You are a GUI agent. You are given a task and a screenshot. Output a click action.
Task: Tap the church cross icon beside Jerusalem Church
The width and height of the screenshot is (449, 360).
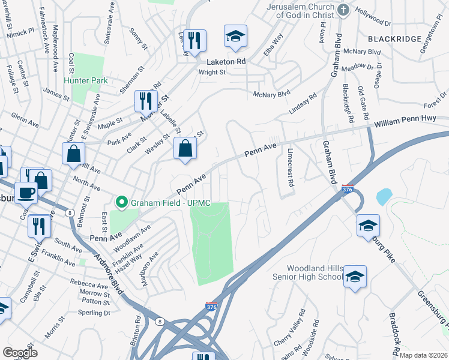tap(343, 10)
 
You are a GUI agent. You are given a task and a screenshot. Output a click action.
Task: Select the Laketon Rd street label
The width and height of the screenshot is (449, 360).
tap(226, 62)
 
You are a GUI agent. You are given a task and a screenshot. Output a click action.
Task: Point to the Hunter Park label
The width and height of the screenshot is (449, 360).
tap(86, 80)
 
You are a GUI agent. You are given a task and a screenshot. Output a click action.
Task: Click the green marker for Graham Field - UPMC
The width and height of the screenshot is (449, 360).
tap(122, 202)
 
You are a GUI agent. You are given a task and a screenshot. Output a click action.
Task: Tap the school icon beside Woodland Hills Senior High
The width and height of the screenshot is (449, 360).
tap(355, 275)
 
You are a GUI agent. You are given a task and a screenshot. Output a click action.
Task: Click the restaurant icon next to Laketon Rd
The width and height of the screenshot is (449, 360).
tap(194, 40)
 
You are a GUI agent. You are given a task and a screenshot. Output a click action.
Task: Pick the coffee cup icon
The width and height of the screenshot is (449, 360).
tap(26, 192)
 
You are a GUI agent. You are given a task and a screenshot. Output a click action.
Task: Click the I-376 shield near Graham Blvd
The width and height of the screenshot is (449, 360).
tap(347, 189)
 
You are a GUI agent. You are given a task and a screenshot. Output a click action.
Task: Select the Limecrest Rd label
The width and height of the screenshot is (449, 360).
tap(291, 168)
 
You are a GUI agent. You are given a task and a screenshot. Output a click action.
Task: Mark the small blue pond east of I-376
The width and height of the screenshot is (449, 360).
tap(384, 196)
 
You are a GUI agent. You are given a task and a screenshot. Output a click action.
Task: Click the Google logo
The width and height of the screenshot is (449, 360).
tap(20, 353)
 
